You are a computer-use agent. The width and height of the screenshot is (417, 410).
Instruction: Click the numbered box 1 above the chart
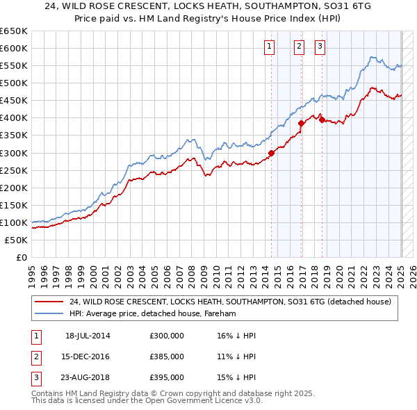point(269,47)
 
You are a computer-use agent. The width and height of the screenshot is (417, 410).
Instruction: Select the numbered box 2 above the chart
point(299,47)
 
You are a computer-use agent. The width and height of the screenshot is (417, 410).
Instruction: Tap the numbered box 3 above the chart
point(320,47)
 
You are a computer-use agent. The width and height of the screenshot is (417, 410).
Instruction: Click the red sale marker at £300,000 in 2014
point(271,153)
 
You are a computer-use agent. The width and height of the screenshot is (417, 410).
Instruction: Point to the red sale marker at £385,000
point(301,123)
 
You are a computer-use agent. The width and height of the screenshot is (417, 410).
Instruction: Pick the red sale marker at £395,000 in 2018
point(322,120)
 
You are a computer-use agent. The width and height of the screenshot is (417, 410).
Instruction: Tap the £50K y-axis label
point(17,240)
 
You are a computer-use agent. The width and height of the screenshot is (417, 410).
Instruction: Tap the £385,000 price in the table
point(167,356)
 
